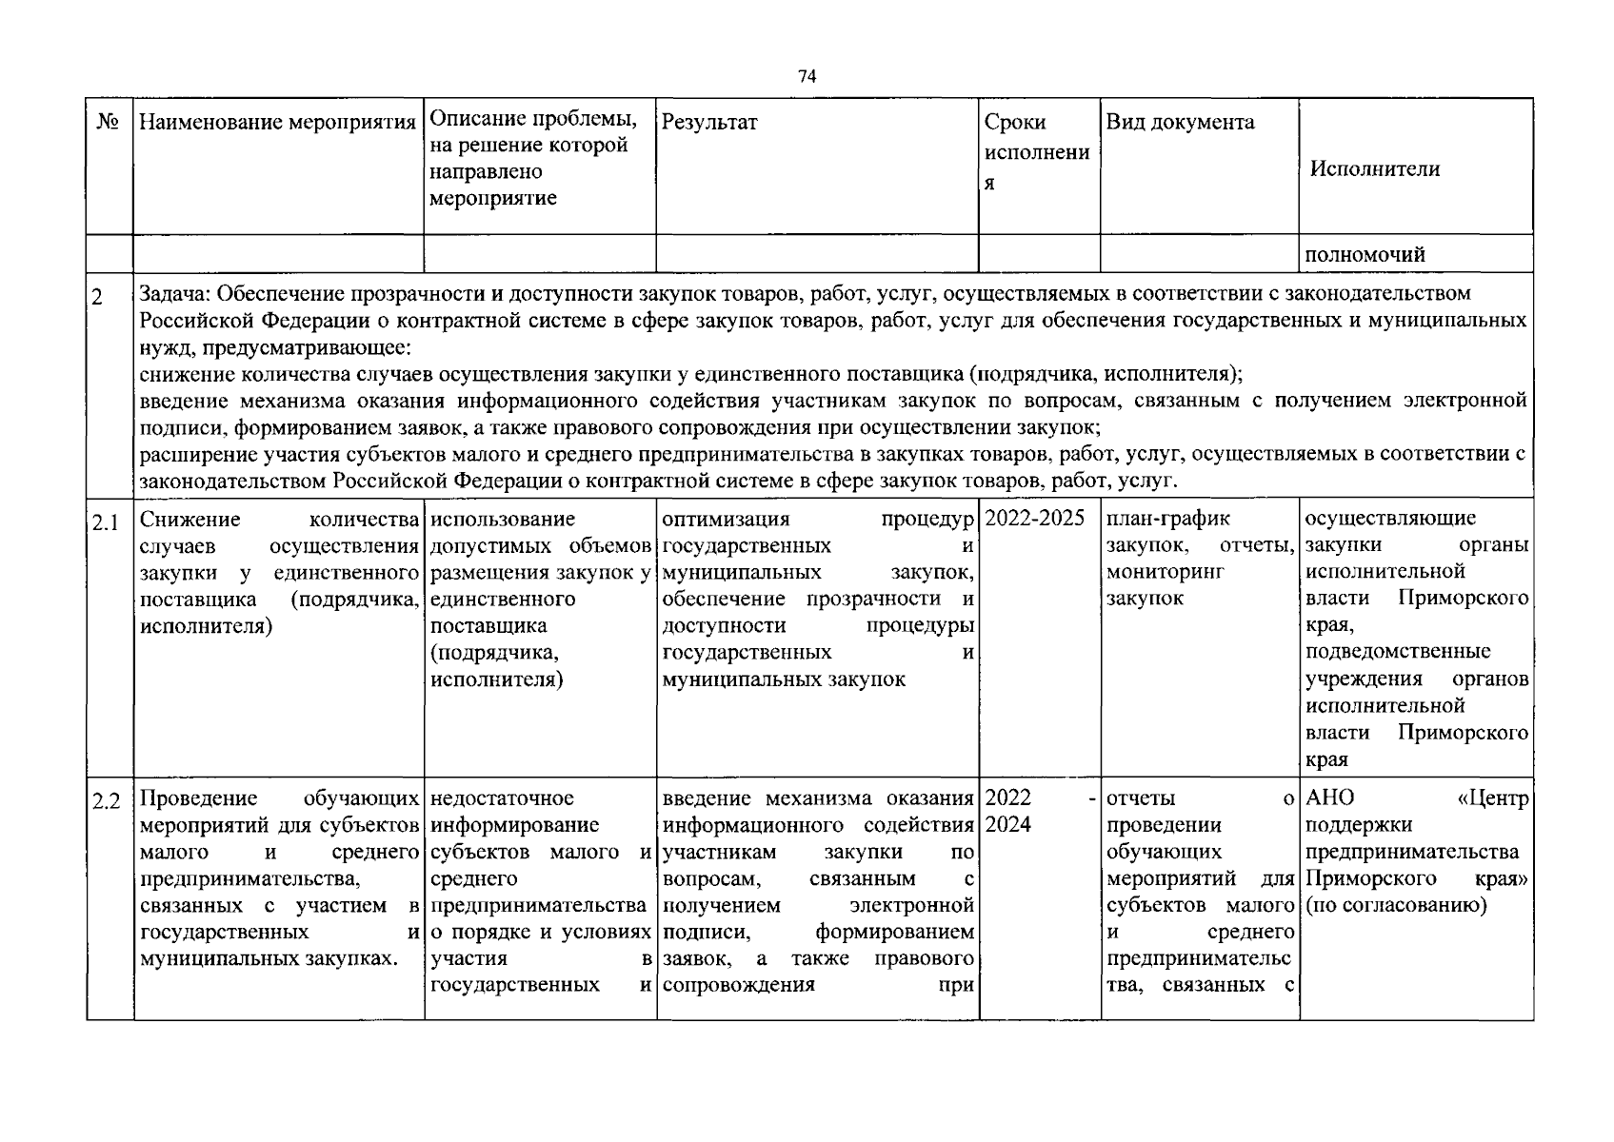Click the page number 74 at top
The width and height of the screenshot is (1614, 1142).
tap(807, 77)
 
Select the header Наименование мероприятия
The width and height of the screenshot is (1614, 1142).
tap(278, 122)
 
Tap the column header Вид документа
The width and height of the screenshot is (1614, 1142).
tap(1180, 122)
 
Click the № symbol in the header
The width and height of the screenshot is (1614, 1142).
tap(108, 122)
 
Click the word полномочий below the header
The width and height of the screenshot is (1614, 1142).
tap(1365, 254)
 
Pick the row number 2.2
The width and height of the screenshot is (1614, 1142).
tap(106, 801)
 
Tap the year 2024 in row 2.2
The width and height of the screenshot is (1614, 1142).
tap(1007, 825)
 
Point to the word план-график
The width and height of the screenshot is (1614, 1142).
tap(1167, 519)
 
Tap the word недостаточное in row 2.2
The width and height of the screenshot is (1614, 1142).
tap(502, 798)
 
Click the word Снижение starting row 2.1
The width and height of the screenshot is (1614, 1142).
tap(189, 519)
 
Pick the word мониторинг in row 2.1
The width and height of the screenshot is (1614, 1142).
tap(1165, 572)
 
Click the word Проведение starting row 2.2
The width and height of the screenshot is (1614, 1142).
tap(198, 798)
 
